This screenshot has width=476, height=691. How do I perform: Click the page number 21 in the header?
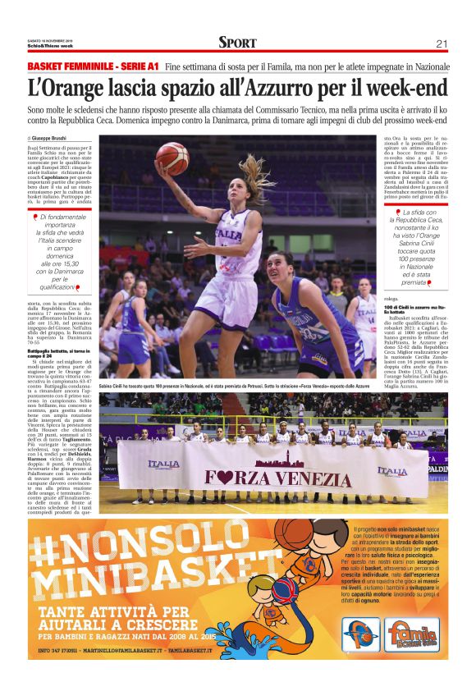point(441,43)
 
